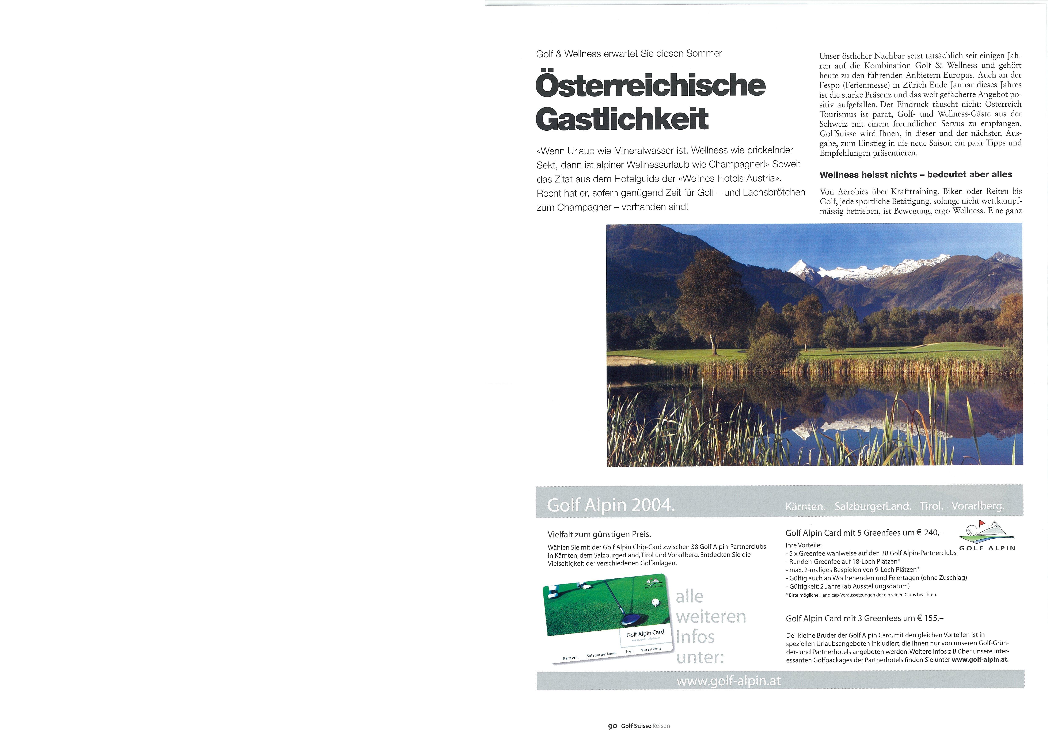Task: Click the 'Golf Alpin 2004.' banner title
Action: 611,505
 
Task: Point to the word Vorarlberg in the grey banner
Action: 978,506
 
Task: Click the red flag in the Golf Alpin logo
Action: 979,522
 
